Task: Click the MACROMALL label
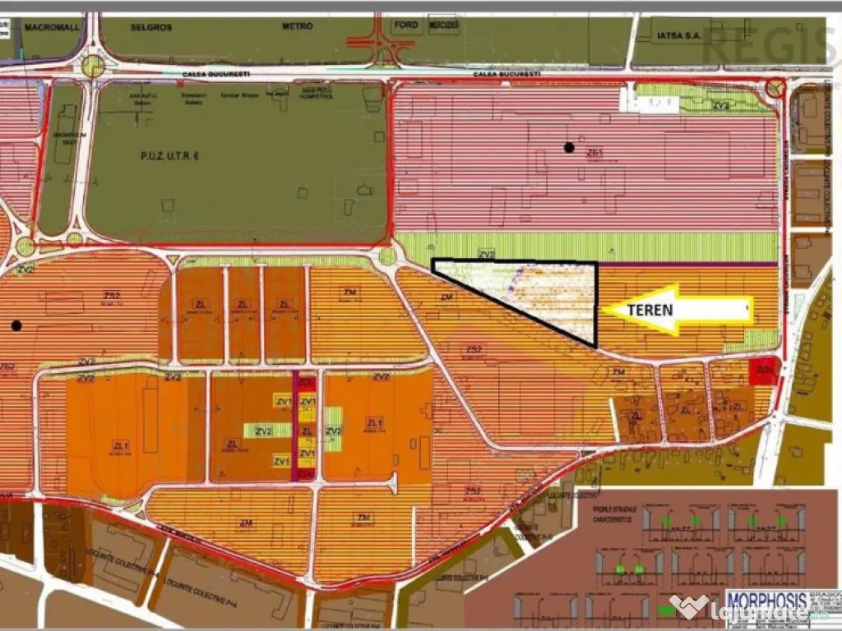click(x=50, y=27)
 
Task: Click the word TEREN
click(x=650, y=310)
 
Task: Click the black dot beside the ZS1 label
click(x=568, y=148)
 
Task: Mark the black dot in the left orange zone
click(x=16, y=325)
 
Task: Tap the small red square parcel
click(x=764, y=371)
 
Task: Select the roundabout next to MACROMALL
click(x=94, y=66)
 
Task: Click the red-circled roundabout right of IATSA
click(x=775, y=87)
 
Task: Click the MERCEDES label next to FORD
click(x=443, y=26)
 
